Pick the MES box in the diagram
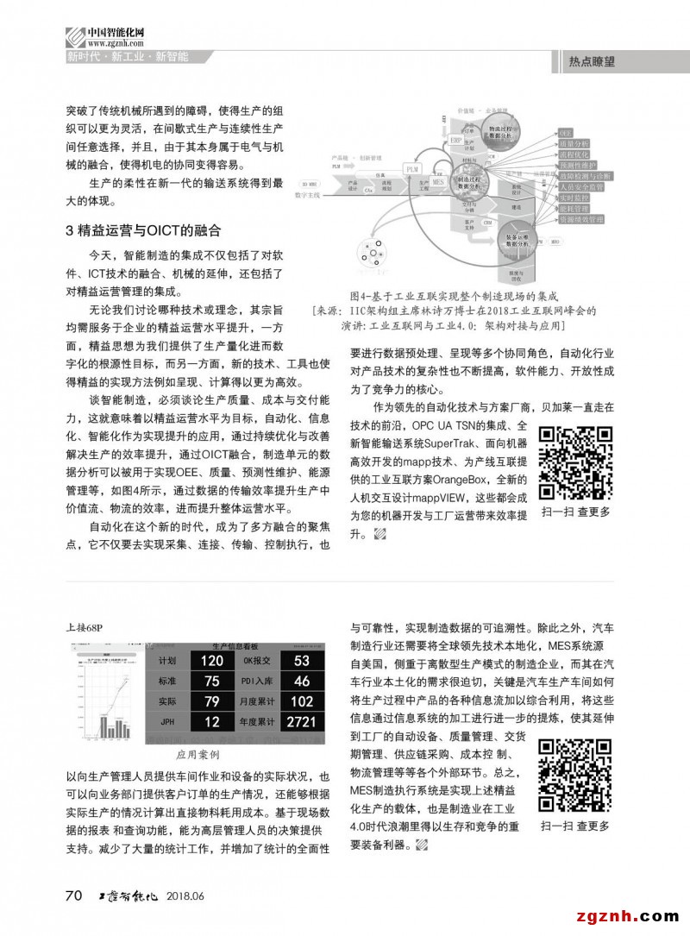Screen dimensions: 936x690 pyautogui.click(x=438, y=183)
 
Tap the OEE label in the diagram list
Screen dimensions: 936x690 pyautogui.click(x=566, y=133)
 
